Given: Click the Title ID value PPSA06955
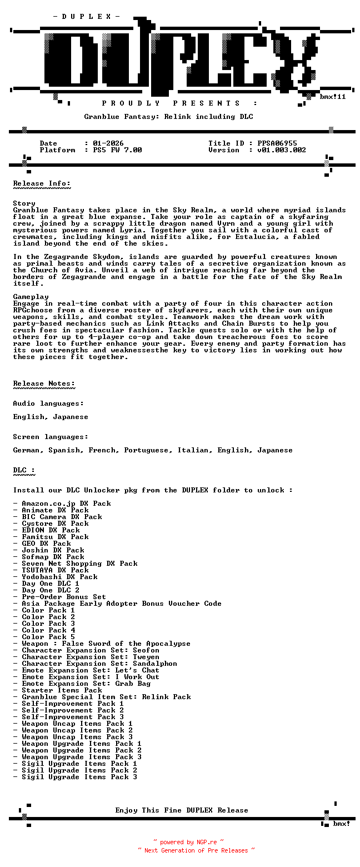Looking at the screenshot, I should [x=277, y=143].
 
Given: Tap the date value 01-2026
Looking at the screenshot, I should [x=108, y=143].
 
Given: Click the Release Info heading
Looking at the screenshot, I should [x=42, y=183].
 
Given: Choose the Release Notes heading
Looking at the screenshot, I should [x=44, y=383].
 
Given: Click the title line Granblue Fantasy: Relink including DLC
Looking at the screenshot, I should [x=168, y=117].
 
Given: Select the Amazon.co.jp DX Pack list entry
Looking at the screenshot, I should [x=66, y=504].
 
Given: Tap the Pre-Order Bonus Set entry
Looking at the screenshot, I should [x=64, y=597].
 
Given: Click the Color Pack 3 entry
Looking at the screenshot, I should [x=48, y=624].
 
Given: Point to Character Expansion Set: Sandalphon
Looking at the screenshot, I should [x=99, y=664].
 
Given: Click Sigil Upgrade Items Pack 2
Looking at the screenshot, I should [x=79, y=770].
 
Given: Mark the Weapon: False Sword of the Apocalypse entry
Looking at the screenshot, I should [x=106, y=644].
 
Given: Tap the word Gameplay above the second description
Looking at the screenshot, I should [x=31, y=297].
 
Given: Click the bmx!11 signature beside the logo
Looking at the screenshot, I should [x=333, y=97].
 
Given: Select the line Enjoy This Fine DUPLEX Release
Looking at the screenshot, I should [x=182, y=810].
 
